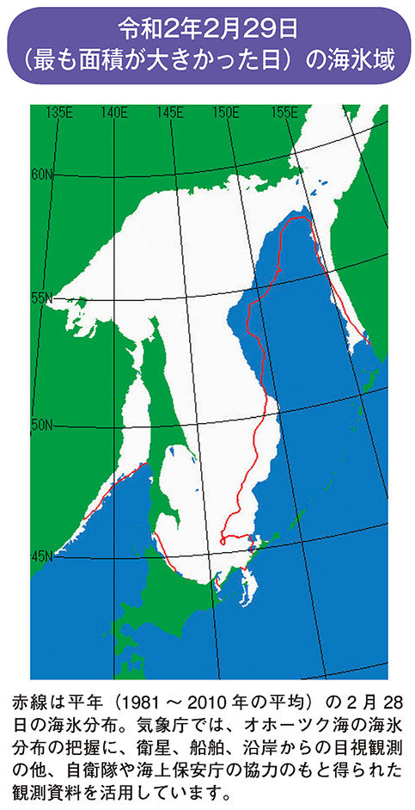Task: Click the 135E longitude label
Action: pyautogui.click(x=58, y=112)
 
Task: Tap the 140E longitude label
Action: pyautogui.click(x=113, y=112)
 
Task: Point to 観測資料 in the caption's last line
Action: pyautogui.click(x=46, y=787)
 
